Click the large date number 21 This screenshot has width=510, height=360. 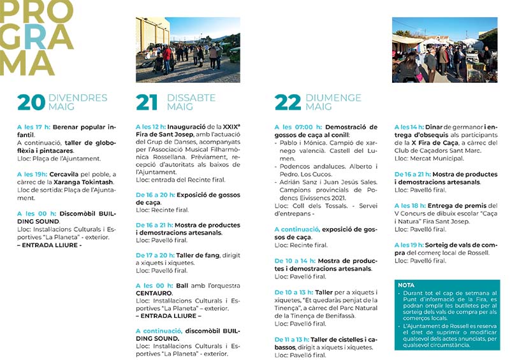147,102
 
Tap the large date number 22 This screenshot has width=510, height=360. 288,102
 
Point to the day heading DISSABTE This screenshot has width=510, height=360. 191,97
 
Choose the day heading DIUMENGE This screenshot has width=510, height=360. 333,97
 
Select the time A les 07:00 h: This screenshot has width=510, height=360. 298,127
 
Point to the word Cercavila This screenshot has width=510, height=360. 70,174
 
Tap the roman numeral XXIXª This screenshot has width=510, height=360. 231,127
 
